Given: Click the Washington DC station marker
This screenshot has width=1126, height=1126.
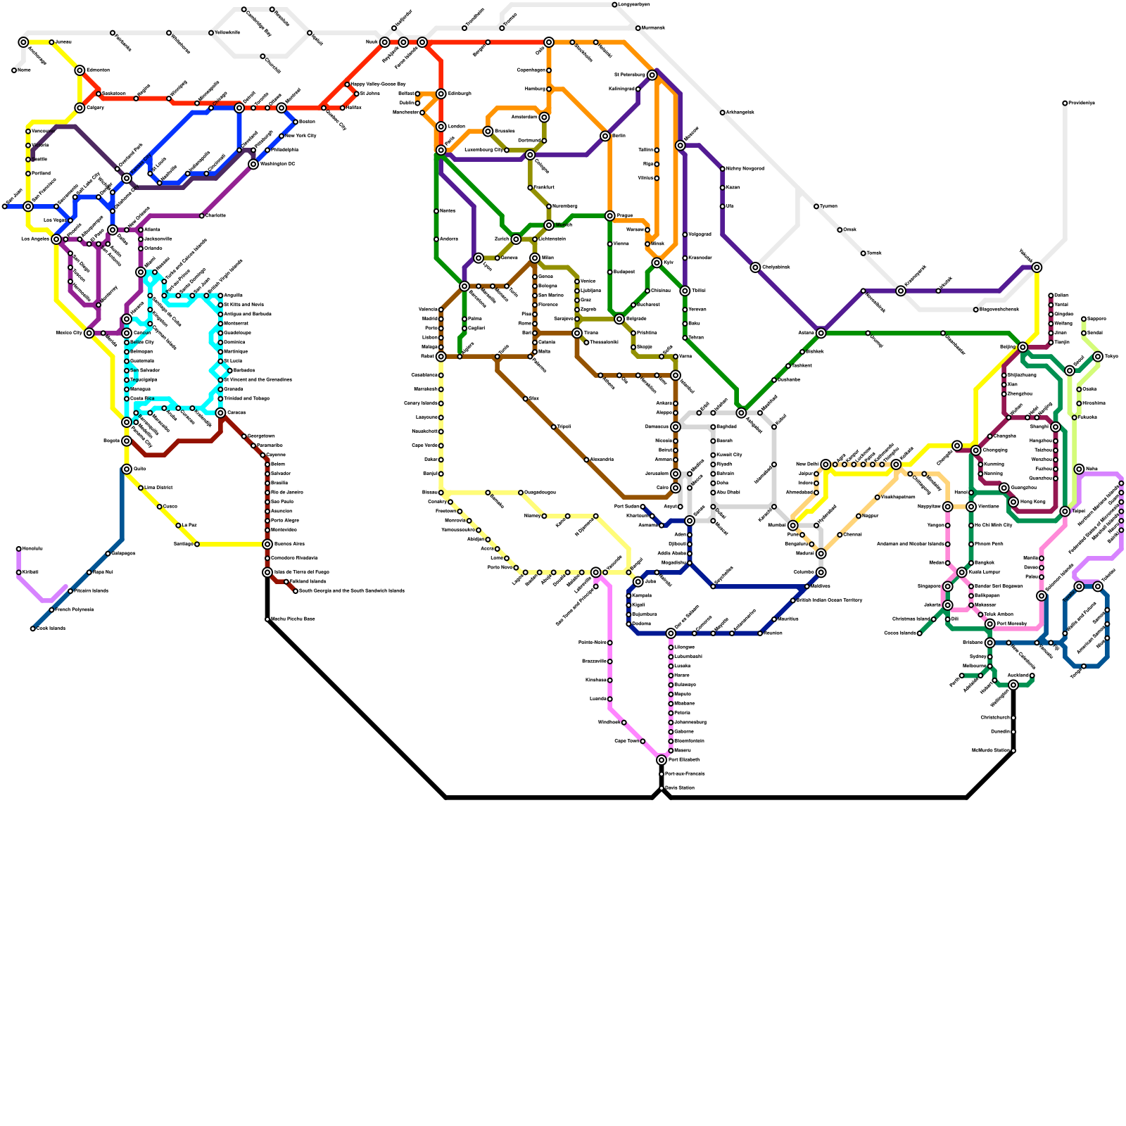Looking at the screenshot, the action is (x=253, y=164).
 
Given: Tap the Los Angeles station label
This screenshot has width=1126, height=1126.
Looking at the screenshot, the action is (x=34, y=239).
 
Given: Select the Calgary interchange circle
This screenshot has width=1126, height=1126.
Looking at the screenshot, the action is (x=80, y=108).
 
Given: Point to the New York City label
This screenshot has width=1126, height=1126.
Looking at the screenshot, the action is (x=301, y=136).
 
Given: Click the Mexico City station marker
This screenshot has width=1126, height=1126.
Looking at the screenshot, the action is (x=89, y=333).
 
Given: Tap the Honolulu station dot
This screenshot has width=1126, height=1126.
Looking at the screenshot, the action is (x=18, y=549).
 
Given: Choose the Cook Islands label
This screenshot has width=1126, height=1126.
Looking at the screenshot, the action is (x=51, y=628).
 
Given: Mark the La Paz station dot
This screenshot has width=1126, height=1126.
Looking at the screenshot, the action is (x=178, y=525).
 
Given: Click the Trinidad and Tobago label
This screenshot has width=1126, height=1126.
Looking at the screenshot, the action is (x=246, y=398).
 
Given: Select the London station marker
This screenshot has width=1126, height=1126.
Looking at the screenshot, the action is (x=441, y=127).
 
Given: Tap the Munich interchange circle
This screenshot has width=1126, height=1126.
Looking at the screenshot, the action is (x=549, y=225).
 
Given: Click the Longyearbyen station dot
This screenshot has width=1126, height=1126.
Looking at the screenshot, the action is (x=614, y=5).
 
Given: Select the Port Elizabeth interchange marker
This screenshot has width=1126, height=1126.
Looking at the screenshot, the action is (x=662, y=760).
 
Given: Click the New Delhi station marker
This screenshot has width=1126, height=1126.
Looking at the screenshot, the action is (x=825, y=464).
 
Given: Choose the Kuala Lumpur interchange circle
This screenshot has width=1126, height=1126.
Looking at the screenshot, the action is (x=962, y=572).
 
